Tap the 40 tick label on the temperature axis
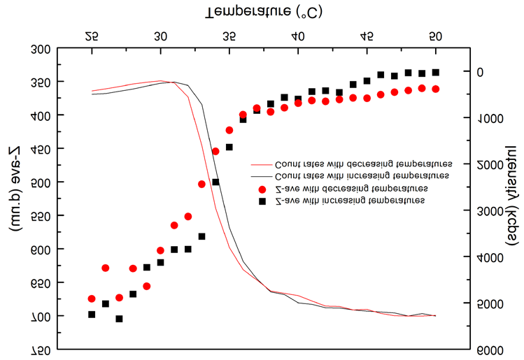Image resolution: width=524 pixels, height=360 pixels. tap(297, 36)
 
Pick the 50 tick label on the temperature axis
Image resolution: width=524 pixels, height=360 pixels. tap(435, 36)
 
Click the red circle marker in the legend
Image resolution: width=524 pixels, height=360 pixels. tap(262, 189)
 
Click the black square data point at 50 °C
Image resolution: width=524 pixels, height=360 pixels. tap(435, 72)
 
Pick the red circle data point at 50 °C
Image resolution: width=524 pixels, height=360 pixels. tap(435, 89)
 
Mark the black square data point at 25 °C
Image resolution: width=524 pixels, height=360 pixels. tap(92, 315)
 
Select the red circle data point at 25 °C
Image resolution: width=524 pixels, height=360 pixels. tap(92, 298)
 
